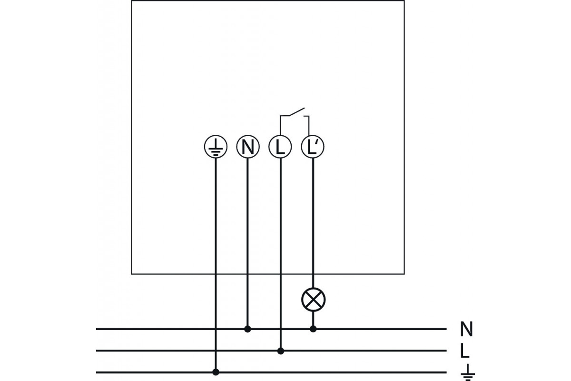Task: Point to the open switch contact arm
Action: pyautogui.click(x=297, y=112)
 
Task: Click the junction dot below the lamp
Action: pyautogui.click(x=313, y=329)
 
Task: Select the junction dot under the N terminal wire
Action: pyautogui.click(x=247, y=329)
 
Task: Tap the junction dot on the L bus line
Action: pyautogui.click(x=281, y=351)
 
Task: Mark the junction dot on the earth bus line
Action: pyautogui.click(x=216, y=372)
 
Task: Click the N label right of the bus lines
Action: pyautogui.click(x=466, y=329)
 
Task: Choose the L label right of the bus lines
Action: pyautogui.click(x=465, y=351)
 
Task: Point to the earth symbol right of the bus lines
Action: pyautogui.click(x=467, y=372)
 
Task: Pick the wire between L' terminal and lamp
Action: pyautogui.click(x=313, y=223)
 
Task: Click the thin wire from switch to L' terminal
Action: pyautogui.click(x=309, y=125)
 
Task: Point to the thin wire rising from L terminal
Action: pyautogui.click(x=280, y=125)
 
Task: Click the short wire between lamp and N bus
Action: pyautogui.click(x=313, y=319)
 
